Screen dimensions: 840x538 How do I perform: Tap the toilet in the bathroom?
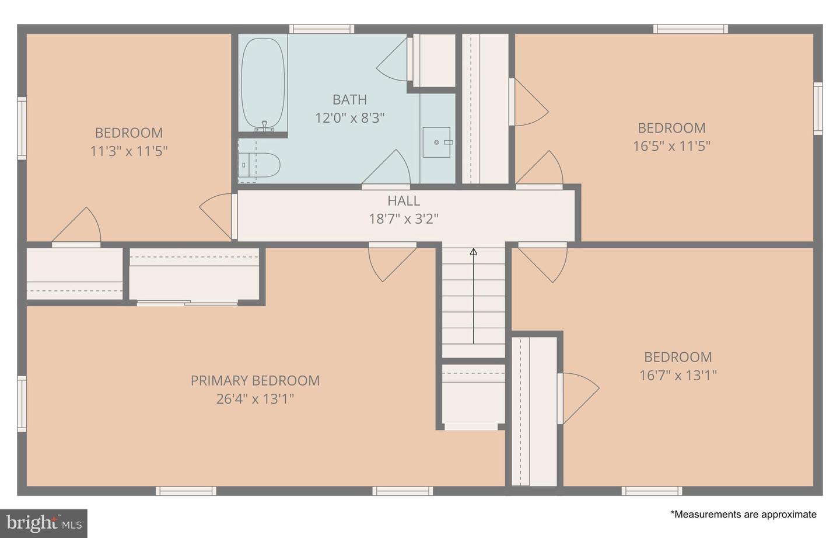pos(259,165)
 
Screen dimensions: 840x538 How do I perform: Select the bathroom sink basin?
pos(436,143)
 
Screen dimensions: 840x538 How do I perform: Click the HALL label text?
pos(404,201)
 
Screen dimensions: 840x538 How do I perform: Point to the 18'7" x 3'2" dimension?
pos(404,218)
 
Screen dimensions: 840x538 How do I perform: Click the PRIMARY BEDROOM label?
pos(255,381)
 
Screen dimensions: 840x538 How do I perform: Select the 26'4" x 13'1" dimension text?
pos(255,399)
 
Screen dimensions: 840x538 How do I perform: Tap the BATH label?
pos(349,100)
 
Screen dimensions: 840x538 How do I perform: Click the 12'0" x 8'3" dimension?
pos(349,118)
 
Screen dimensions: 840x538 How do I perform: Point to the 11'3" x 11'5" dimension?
pos(128,151)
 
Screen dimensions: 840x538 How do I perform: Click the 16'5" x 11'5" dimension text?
pos(671,146)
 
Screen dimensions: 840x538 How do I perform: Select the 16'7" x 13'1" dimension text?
pos(678,375)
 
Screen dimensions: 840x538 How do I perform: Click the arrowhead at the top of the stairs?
pos(474,252)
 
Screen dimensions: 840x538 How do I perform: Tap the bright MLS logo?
pos(44,523)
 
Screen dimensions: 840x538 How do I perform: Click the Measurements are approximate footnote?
pos(743,514)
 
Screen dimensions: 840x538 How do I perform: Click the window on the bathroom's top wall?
pos(322,29)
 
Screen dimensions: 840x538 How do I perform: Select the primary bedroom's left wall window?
pos(22,404)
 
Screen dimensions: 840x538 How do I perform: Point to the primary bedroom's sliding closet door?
pos(187,303)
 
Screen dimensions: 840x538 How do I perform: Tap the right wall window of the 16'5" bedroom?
pos(818,109)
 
